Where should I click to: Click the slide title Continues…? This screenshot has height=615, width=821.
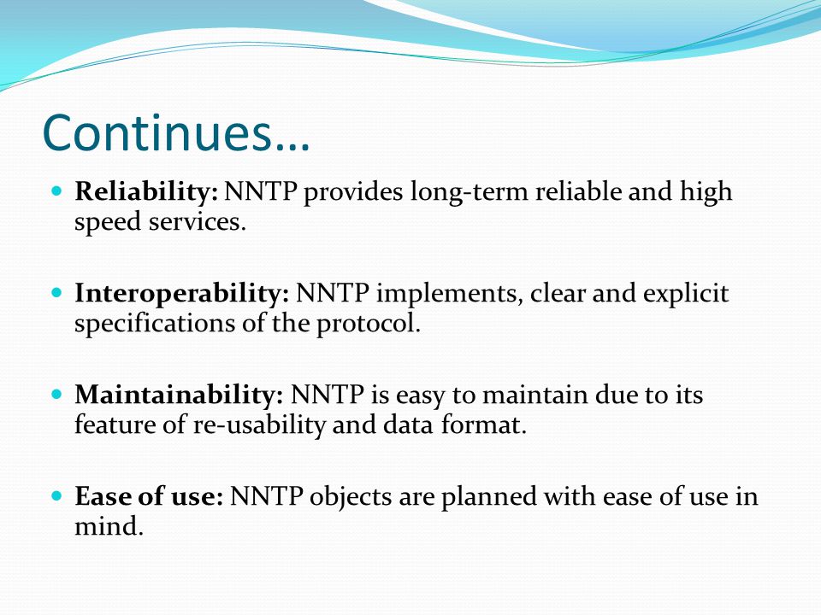click(176, 132)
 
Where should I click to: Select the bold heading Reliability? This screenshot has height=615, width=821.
click(146, 192)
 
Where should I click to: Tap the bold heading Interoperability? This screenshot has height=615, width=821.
click(181, 294)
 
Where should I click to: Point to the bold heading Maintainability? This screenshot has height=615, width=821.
click(179, 395)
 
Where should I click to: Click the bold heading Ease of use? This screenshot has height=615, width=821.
click(149, 495)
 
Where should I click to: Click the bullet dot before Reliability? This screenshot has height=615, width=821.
click(57, 190)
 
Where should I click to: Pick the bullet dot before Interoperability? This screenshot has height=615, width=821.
click(57, 292)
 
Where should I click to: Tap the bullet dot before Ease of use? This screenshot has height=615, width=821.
click(57, 495)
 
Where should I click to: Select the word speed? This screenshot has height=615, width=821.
click(108, 223)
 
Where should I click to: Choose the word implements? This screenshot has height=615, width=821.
click(450, 294)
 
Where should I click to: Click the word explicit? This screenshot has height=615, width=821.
click(686, 294)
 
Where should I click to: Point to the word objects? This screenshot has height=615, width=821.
click(351, 497)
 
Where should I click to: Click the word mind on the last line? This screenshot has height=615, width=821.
click(109, 526)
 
